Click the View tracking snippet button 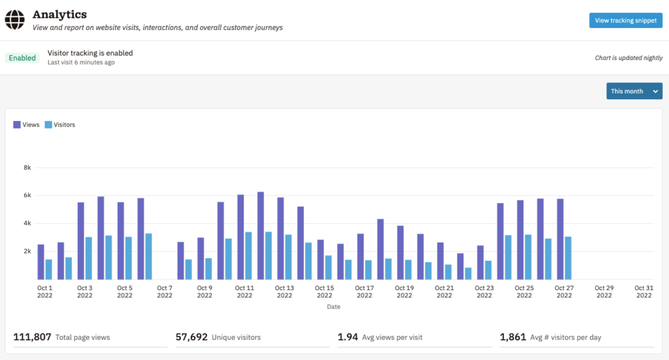625,20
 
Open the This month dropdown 634,91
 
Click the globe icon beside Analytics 14,20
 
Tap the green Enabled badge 22,57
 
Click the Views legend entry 26,124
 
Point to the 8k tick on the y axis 27,167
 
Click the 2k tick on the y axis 27,251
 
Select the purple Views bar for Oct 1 41,262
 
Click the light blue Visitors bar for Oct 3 88,258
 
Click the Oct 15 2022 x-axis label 324,291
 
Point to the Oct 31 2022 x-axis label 644,291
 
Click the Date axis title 334,306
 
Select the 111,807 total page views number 32,337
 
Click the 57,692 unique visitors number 191,337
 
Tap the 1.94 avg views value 348,337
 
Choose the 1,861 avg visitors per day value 513,337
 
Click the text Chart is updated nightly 628,57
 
